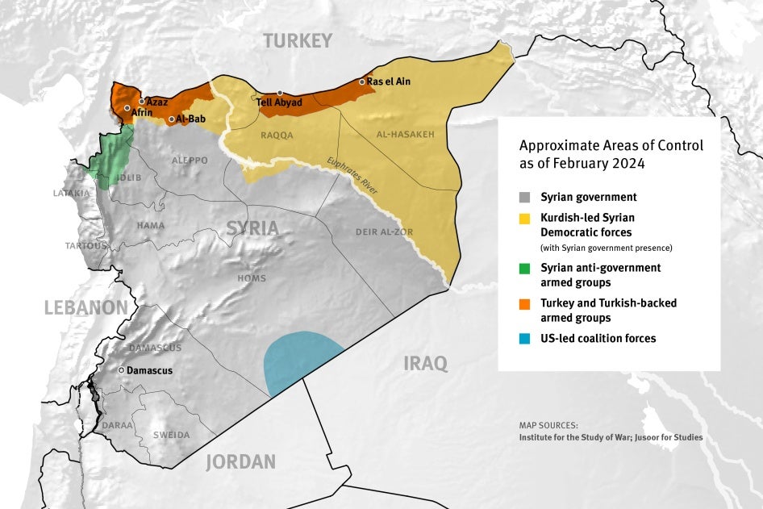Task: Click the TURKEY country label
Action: [x=297, y=41]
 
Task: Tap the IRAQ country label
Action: [x=425, y=364]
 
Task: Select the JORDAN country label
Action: [x=240, y=462]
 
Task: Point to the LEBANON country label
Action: [x=85, y=307]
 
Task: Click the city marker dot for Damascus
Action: [x=121, y=370]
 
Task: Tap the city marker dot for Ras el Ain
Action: [x=361, y=81]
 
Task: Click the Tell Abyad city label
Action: [x=279, y=103]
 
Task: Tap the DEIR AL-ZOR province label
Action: [x=384, y=232]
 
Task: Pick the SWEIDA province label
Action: [x=172, y=435]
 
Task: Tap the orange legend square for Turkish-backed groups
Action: [x=525, y=303]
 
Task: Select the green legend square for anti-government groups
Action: [x=525, y=268]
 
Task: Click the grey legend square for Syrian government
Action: [x=525, y=197]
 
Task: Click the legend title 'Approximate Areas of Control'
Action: [x=611, y=146]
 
